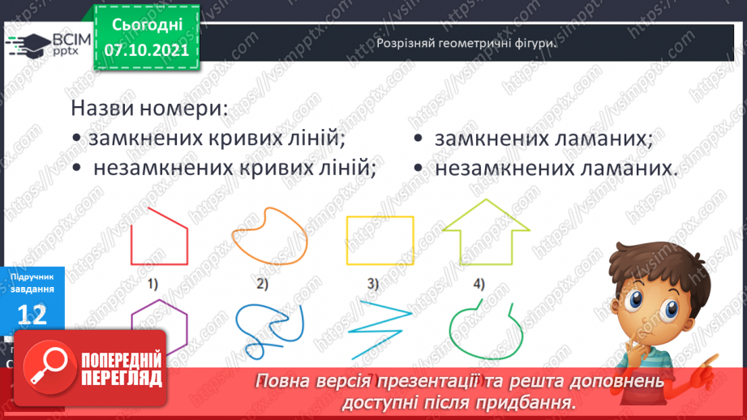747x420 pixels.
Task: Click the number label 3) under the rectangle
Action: coord(373,284)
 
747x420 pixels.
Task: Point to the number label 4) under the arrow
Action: coord(479,284)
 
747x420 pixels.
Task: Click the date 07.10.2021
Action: coord(146,50)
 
